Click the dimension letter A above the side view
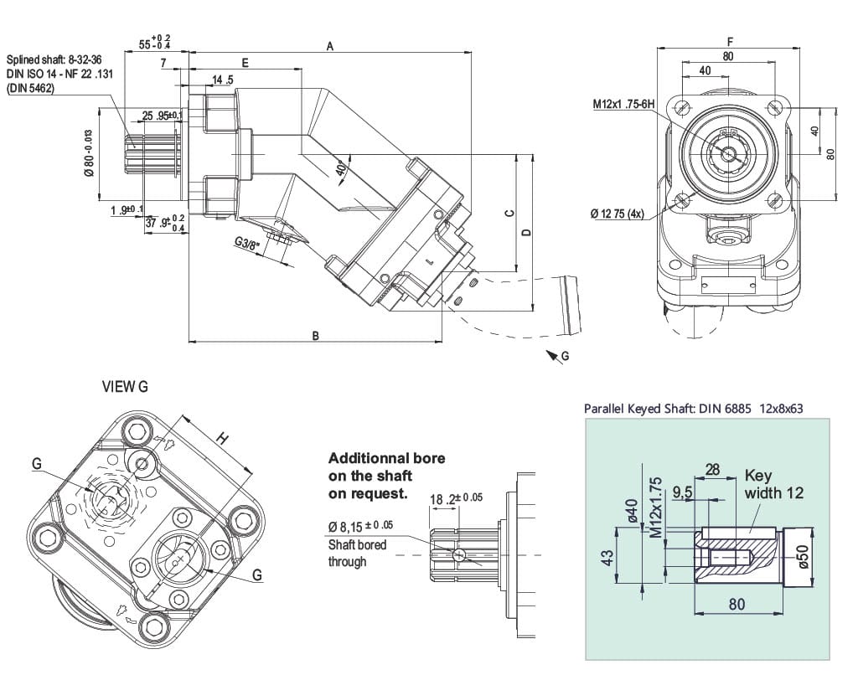pos(330,47)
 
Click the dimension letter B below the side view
pos(316,336)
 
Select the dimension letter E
pos(245,63)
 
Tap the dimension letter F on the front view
pos(731,41)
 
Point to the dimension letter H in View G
pos(221,437)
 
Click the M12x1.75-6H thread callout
pos(623,104)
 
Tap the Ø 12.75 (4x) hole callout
pos(617,214)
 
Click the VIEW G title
pos(125,387)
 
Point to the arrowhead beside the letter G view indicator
pos(552,358)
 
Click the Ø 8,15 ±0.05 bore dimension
pos(361,526)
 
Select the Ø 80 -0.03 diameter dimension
pos(88,154)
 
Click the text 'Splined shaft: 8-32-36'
pos(54,60)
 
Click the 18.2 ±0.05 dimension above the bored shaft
pos(456,499)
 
